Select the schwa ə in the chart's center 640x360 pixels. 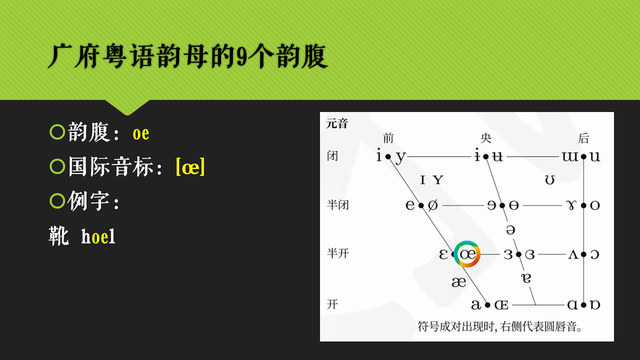[510, 231]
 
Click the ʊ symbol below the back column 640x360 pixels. [549, 181]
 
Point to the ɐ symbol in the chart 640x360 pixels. [526, 277]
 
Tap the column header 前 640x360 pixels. [390, 138]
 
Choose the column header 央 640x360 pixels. [487, 138]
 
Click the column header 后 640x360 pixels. [583, 138]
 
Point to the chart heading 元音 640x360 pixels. [336, 124]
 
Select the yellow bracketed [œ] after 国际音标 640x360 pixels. [190, 168]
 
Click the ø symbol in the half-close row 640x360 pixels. [433, 206]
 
